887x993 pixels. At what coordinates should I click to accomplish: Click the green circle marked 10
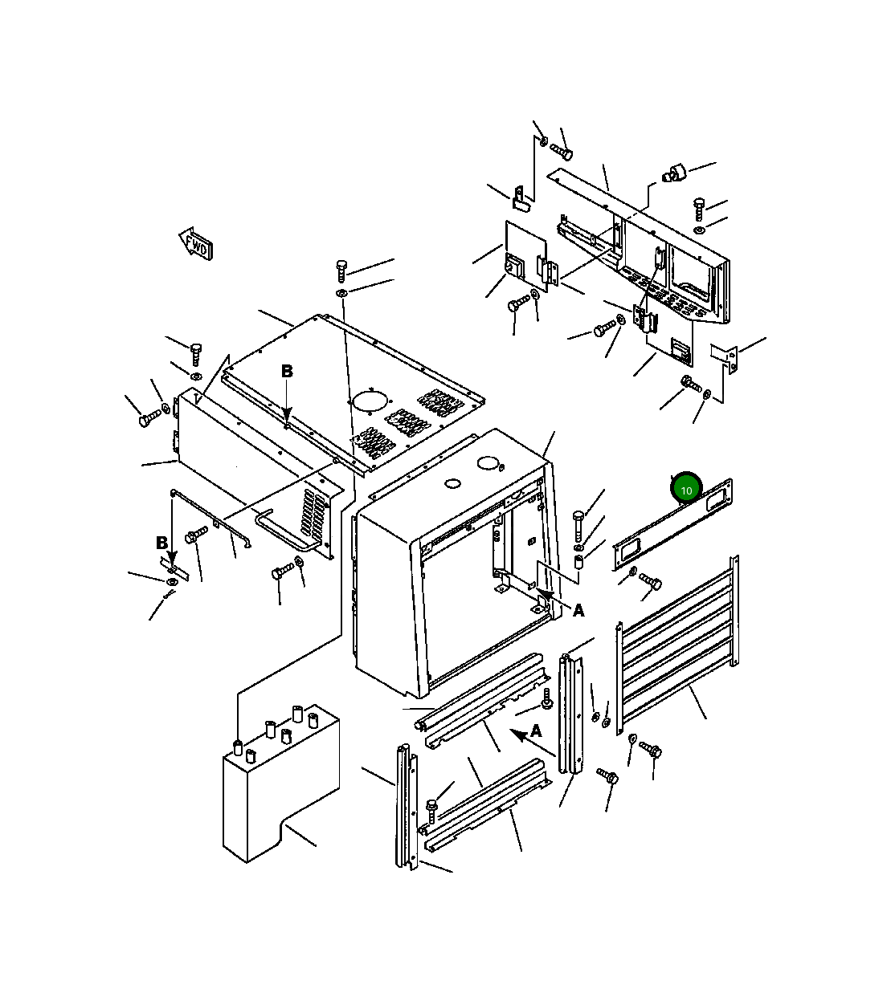pyautogui.click(x=686, y=489)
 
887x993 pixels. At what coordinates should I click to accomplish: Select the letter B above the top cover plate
pyautogui.click(x=287, y=372)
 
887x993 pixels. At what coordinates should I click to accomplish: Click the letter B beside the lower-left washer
pyautogui.click(x=161, y=543)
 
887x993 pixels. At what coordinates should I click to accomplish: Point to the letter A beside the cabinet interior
pyautogui.click(x=578, y=611)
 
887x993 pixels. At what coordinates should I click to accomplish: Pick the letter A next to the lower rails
pyautogui.click(x=536, y=731)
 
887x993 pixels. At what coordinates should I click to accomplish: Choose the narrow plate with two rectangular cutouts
pyautogui.click(x=672, y=525)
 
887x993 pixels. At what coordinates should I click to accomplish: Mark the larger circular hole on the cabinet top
pyautogui.click(x=488, y=463)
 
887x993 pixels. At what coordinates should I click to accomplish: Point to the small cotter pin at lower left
pyautogui.click(x=167, y=595)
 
